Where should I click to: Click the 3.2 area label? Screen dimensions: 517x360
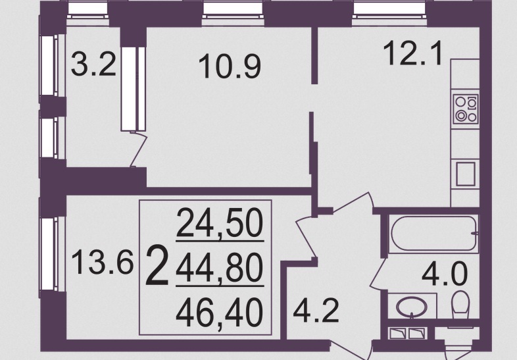coord(93,64)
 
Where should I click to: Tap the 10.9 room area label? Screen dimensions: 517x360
coord(230,66)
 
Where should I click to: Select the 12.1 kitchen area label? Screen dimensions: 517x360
coord(413,53)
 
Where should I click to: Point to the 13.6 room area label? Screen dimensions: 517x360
coord(102,262)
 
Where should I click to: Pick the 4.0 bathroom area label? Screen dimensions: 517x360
coord(445,273)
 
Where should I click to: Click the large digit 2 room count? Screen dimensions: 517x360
coord(157,265)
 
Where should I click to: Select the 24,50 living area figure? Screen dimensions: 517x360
coord(220,223)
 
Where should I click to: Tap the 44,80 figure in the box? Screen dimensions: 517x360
coord(220,269)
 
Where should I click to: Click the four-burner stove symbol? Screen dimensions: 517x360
coord(466,109)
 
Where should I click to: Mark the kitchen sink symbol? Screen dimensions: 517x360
coord(466,174)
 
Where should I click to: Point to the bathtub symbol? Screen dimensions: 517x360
coord(434,234)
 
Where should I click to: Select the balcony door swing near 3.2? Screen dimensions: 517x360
coord(139,149)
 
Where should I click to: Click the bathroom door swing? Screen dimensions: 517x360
coord(378,273)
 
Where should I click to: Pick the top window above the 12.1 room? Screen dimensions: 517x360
coord(390,9)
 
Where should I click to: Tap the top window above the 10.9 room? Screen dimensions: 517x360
coord(234,9)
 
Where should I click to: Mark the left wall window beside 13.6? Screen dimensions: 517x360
coord(48,254)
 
